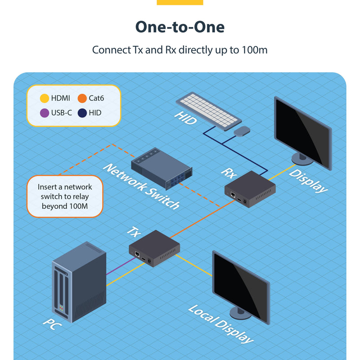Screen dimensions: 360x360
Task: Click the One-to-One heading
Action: (x=180, y=27)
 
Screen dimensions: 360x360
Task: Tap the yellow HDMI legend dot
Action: (x=45, y=98)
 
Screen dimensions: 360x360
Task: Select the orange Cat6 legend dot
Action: (x=82, y=98)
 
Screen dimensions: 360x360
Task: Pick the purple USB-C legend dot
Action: (x=45, y=112)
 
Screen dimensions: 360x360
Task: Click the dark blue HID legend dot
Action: (x=82, y=112)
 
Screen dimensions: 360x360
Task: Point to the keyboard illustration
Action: (x=208, y=110)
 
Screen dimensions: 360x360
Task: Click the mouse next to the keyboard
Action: (x=242, y=131)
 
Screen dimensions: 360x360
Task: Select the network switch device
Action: (x=162, y=166)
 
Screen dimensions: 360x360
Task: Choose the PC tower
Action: (x=79, y=281)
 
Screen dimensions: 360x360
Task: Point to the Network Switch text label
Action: (x=141, y=187)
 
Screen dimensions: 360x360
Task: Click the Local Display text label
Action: (x=220, y=324)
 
